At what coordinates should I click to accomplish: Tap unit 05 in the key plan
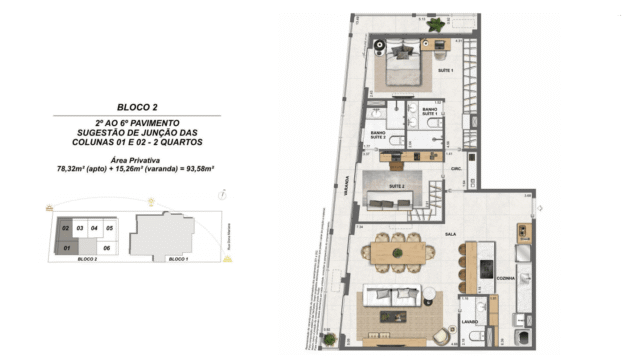click(x=110, y=229)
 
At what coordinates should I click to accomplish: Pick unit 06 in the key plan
click(x=105, y=246)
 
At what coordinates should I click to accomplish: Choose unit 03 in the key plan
click(x=79, y=229)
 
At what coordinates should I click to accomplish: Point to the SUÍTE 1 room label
click(x=445, y=71)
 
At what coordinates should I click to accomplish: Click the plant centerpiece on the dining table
click(x=400, y=254)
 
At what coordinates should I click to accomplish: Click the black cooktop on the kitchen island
click(x=486, y=269)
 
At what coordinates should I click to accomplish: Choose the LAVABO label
click(x=469, y=322)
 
